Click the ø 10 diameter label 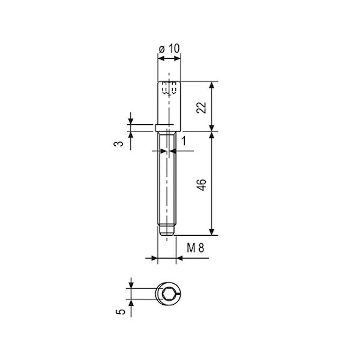[x=169, y=49]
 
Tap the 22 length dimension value [x=202, y=107]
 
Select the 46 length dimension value [x=202, y=184]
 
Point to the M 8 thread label [x=195, y=248]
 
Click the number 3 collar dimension [x=119, y=144]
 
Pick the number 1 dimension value [x=184, y=141]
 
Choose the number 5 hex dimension [x=121, y=311]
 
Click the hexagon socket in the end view [x=167, y=294]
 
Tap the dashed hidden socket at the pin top [x=169, y=88]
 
